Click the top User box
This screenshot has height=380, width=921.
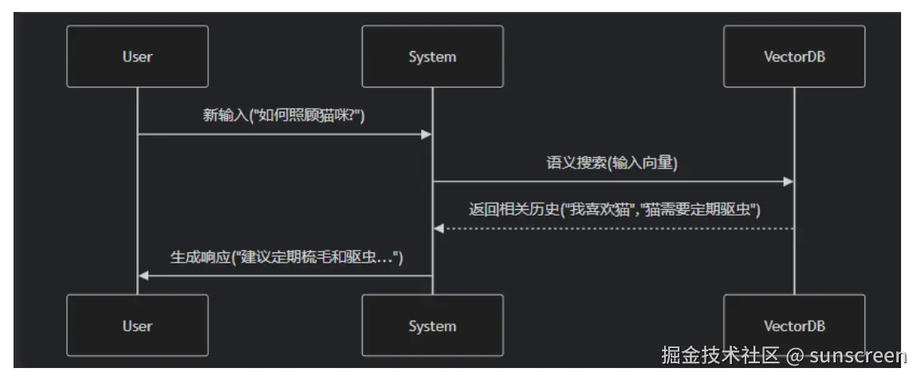[x=137, y=57]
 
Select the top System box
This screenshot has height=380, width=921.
[x=432, y=57]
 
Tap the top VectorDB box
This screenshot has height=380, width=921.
[x=794, y=57]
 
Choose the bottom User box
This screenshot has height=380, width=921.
[x=137, y=326]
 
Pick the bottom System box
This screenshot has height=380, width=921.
[x=432, y=326]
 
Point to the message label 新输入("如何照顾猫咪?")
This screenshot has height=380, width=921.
[x=284, y=116]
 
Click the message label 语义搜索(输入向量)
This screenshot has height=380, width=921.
[x=612, y=164]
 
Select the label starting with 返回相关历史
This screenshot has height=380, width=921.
[x=614, y=211]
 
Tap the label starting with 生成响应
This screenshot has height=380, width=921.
[x=286, y=258]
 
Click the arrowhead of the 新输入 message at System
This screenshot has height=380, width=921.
[x=427, y=134]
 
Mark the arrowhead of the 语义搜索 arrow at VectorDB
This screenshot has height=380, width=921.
[x=789, y=181]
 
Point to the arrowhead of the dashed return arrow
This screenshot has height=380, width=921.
[x=438, y=228]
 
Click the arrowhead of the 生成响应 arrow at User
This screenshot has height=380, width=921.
[x=143, y=275]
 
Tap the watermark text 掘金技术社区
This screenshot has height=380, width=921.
[x=719, y=355]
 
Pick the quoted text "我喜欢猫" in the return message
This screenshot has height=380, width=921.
[x=591, y=211]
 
